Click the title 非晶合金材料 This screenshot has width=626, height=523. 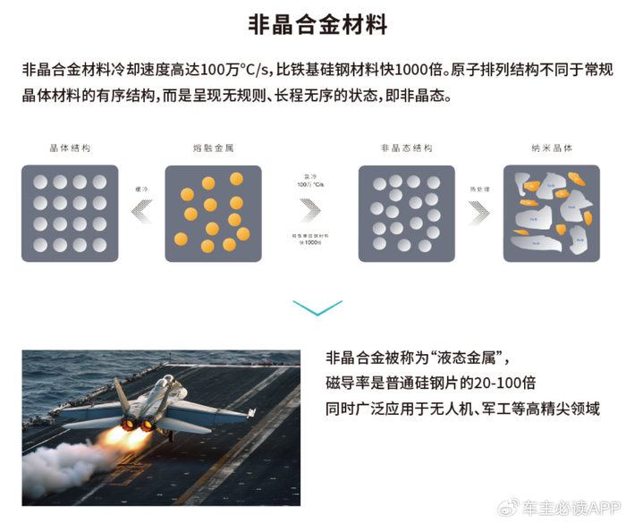coord(317,24)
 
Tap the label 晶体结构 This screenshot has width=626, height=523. coord(70,147)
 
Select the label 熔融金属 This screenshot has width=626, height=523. coord(212,147)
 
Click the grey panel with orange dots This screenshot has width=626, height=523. coord(213,213)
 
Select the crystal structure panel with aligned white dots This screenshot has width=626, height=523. coord(70,213)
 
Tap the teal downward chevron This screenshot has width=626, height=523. coord(317,308)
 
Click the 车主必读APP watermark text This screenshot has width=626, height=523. coord(573,507)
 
